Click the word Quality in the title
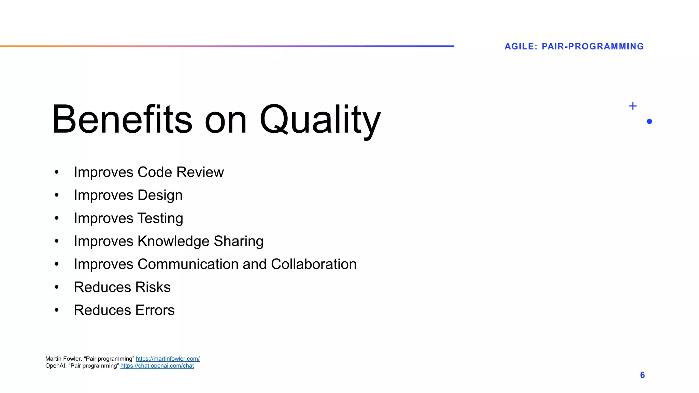coord(320,120)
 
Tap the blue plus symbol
coord(632,106)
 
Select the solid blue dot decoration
coord(649,121)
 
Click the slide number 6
coord(642,375)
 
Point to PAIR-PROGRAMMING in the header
coord(593,46)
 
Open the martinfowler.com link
coord(168,359)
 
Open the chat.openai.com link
coord(157,366)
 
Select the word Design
coord(160,195)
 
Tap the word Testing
coord(160,218)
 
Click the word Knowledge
coord(173,241)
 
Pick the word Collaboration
coord(313,264)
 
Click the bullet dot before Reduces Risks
coord(57,287)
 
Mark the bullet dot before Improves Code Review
coord(57,172)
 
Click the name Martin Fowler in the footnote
coord(63,359)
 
